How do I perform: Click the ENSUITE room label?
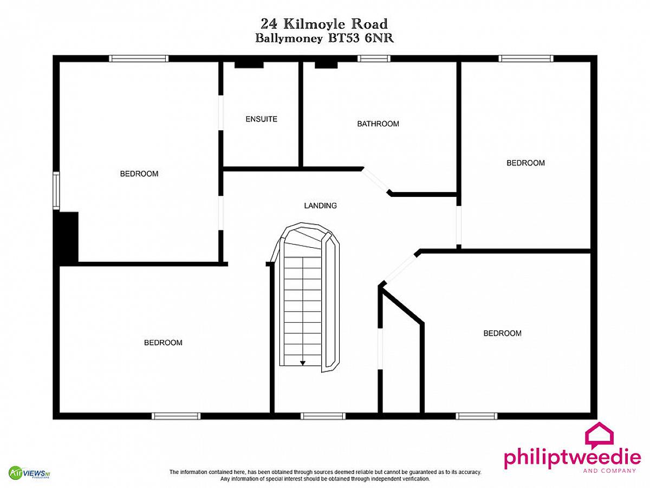click(261, 119)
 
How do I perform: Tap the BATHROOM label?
click(378, 124)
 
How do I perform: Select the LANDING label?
click(320, 206)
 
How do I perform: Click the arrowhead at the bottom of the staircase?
click(302, 363)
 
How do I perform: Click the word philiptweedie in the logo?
click(573, 458)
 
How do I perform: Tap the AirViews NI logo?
click(29, 473)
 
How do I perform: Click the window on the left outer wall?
click(56, 190)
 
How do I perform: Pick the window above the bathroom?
click(374, 59)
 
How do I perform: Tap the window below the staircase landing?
click(323, 416)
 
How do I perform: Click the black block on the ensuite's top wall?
click(249, 65)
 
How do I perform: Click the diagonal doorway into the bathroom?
click(375, 180)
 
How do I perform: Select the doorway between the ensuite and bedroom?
click(220, 113)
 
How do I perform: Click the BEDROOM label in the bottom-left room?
click(163, 343)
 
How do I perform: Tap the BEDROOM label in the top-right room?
click(525, 163)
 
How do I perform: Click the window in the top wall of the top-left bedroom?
click(139, 59)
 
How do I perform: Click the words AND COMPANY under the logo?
click(610, 471)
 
